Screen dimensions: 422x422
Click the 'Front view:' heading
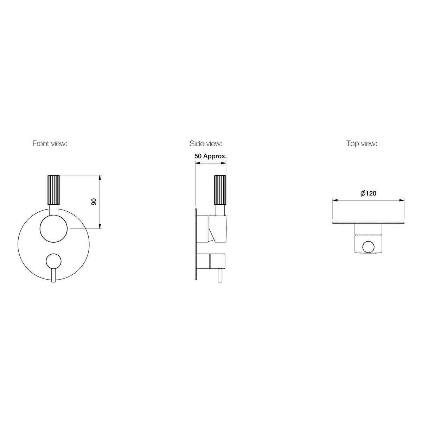50,143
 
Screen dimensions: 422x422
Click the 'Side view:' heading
206,143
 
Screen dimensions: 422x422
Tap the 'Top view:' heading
362,143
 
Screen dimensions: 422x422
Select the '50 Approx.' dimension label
210,156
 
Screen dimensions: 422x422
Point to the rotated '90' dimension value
94,202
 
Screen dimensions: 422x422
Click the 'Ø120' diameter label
368,193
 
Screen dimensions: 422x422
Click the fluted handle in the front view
54,190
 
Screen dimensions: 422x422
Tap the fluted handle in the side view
220,190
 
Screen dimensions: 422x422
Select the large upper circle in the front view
54,229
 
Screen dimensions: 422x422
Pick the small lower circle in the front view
54,261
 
